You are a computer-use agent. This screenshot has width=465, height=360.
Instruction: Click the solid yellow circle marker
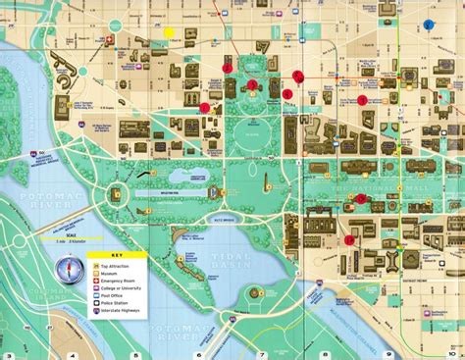click(x=169, y=32)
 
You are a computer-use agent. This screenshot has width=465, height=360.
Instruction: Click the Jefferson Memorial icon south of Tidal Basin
click(x=254, y=292)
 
